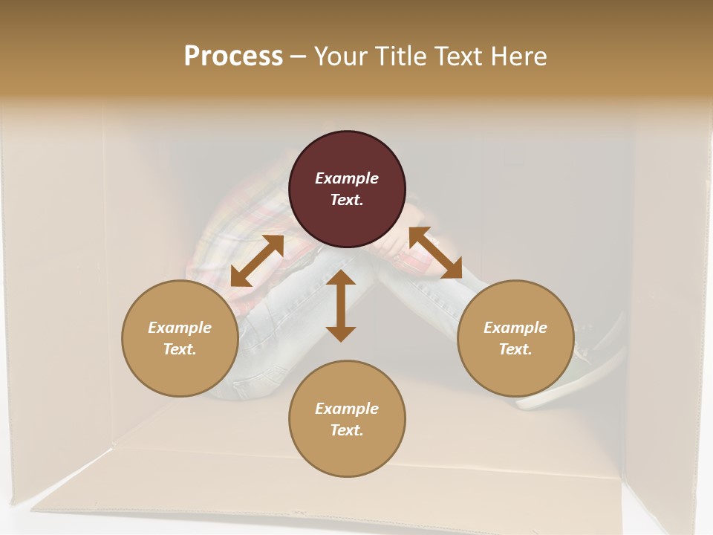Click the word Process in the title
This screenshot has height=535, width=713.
(x=233, y=56)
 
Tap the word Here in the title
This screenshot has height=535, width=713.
(x=518, y=56)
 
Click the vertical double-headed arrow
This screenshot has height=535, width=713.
(x=341, y=306)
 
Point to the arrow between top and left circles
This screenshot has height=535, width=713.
(x=257, y=261)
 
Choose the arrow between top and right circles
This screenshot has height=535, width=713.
(x=435, y=253)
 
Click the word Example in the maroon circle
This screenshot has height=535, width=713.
(x=347, y=178)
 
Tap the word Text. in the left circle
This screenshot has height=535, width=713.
(x=180, y=349)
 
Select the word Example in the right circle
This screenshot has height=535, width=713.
(x=515, y=328)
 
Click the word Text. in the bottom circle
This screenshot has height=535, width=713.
(x=347, y=430)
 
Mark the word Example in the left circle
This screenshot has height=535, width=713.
(x=180, y=328)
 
